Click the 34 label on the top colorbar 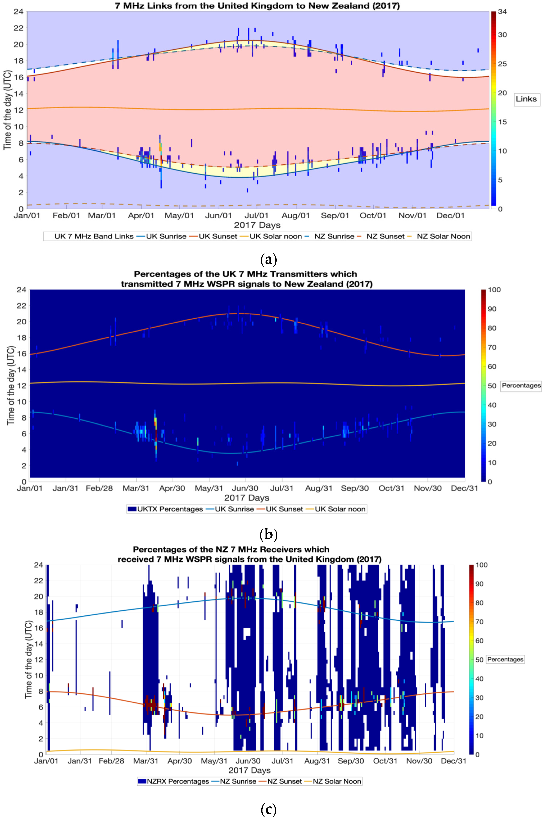coord(502,12)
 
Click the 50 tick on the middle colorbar coord(492,386)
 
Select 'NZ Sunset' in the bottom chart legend coord(284,781)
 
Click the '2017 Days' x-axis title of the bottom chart coord(250,770)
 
